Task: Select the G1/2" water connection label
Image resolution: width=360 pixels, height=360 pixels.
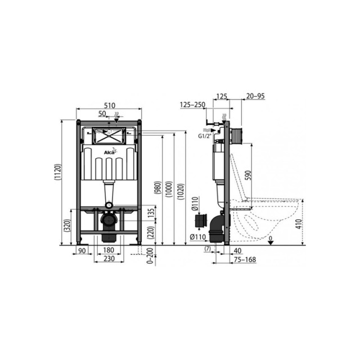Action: pyautogui.click(x=205, y=136)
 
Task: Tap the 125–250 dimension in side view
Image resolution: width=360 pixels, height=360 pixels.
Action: pyautogui.click(x=191, y=105)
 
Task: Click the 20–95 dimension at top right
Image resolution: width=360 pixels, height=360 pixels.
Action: pyautogui.click(x=255, y=97)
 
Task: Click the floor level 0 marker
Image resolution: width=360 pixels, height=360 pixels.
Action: pyautogui.click(x=271, y=238)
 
